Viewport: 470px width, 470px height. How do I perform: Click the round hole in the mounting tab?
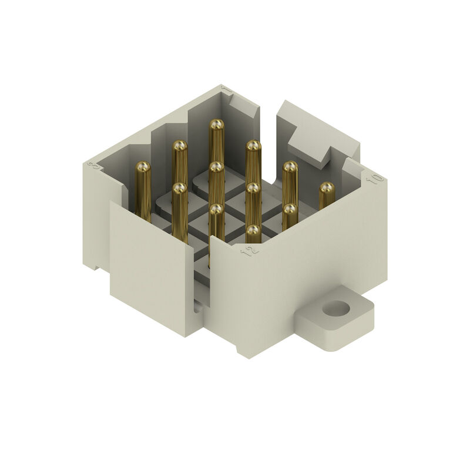point(337,308)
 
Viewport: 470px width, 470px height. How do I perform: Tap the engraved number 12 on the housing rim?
point(251,251)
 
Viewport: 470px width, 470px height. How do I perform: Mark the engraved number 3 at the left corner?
point(92,166)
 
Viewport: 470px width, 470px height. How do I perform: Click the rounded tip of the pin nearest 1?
point(216,125)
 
